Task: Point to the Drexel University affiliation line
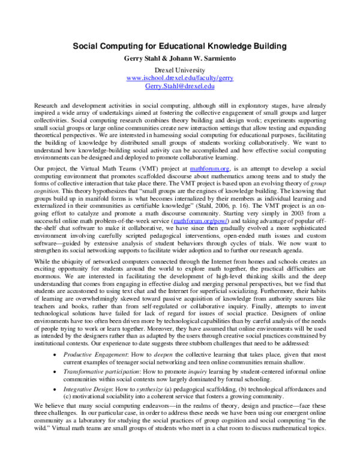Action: tap(180, 70)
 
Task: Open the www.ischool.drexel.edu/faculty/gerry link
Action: tap(180, 79)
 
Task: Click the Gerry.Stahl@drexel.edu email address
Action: tap(180, 86)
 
